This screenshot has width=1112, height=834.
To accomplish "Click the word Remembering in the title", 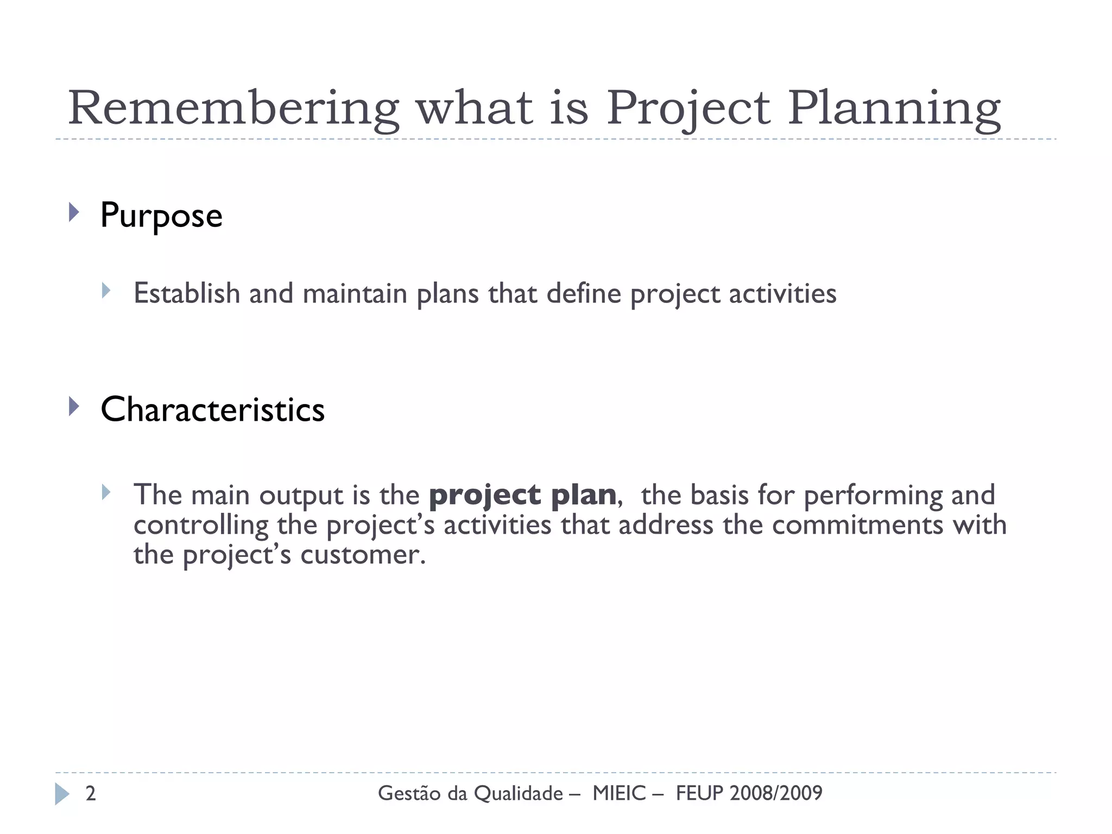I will click(233, 109).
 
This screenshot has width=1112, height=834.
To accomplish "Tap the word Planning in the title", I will click(894, 109).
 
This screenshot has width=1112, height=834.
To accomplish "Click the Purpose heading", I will click(161, 216).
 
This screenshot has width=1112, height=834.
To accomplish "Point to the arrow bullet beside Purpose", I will click(74, 212).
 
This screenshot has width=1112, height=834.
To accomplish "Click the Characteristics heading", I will click(212, 409).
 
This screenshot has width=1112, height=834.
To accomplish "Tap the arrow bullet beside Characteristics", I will click(74, 406).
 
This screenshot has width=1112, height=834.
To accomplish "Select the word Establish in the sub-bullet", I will click(187, 294).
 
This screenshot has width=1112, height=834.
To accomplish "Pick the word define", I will click(584, 294).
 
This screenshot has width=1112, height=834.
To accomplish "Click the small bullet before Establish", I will click(106, 290).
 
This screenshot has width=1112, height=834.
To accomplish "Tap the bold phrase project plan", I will click(522, 495).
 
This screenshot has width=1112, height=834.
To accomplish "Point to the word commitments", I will click(858, 525).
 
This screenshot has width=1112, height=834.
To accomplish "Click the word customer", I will click(363, 555).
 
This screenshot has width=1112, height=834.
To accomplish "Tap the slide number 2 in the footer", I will click(91, 793).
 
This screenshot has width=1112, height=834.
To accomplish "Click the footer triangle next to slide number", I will click(62, 794).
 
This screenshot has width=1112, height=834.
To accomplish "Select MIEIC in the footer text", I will click(619, 793).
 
